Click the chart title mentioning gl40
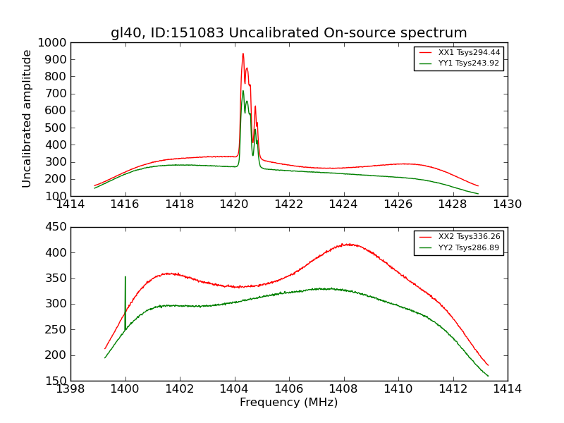click(288, 33)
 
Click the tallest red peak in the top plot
click(243, 54)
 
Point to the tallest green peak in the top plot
click(243, 91)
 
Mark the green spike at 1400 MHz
click(125, 277)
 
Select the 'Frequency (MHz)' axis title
click(288, 403)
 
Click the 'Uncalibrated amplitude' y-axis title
click(27, 118)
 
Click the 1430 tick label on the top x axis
click(507, 204)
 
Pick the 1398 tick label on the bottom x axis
click(70, 389)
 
